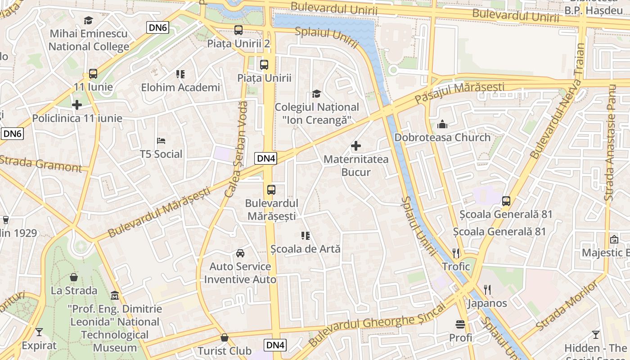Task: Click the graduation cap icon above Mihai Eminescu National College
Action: pyautogui.click(x=88, y=20)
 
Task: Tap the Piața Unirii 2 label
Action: pyautogui.click(x=238, y=44)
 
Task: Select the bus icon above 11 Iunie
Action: pyautogui.click(x=93, y=74)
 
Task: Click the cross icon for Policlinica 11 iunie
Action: pyautogui.click(x=77, y=105)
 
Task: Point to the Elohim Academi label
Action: pyautogui.click(x=180, y=87)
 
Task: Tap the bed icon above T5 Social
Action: pyautogui.click(x=161, y=141)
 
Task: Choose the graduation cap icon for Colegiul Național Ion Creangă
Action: pyautogui.click(x=317, y=94)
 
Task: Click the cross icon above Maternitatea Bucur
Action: pyautogui.click(x=356, y=146)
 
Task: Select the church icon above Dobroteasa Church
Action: pyautogui.click(x=442, y=124)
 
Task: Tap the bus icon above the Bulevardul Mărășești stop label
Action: pyautogui.click(x=271, y=190)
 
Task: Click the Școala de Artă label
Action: pyautogui.click(x=306, y=248)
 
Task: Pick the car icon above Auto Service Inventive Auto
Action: pyautogui.click(x=240, y=253)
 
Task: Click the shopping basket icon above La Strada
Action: pyautogui.click(x=74, y=277)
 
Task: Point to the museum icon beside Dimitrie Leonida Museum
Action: pyautogui.click(x=115, y=296)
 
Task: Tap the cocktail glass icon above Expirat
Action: pyautogui.click(x=39, y=333)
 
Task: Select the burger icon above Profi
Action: pyautogui.click(x=460, y=324)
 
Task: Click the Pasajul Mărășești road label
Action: pyautogui.click(x=459, y=91)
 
